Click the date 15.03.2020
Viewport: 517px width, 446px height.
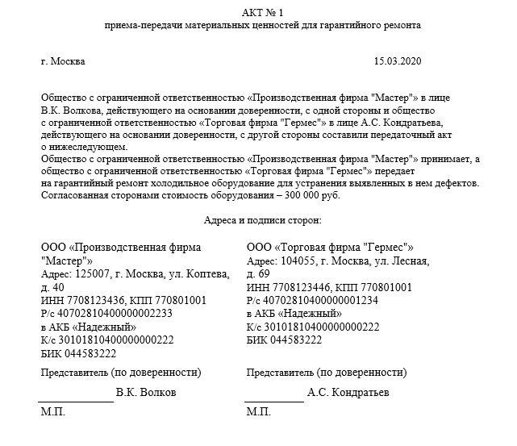tap(398, 61)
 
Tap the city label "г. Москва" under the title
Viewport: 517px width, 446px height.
tap(62, 61)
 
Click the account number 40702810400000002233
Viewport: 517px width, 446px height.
tap(107, 314)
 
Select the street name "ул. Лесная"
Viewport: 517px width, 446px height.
tap(406, 261)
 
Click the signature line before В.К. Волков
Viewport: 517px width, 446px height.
tap(77, 398)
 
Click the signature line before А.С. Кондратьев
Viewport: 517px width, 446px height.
tap(274, 398)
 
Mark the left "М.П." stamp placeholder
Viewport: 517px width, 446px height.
tap(53, 412)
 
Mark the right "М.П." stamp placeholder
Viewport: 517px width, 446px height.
tap(259, 412)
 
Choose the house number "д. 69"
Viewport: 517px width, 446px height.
tap(259, 274)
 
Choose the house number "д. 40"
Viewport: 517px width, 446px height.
tap(52, 288)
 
